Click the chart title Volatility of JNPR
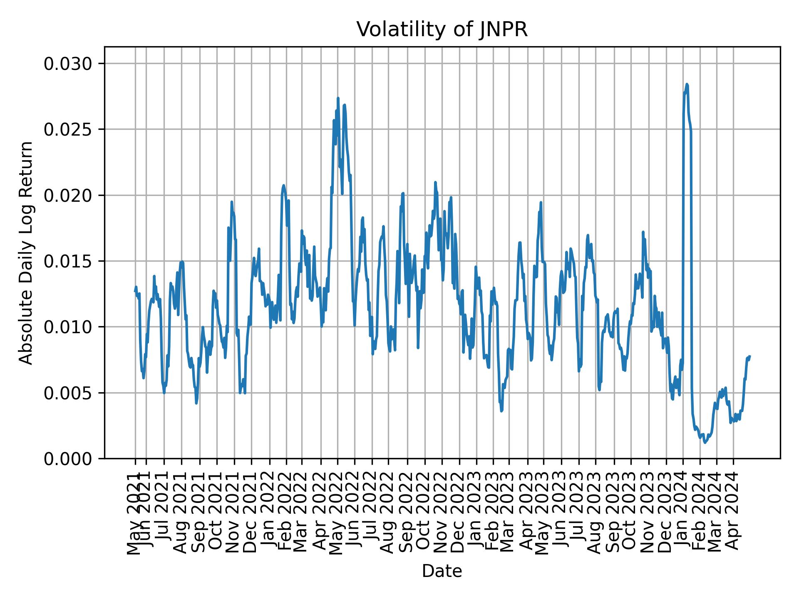pos(442,30)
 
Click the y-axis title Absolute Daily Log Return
pos(26,253)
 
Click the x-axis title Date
pos(442,572)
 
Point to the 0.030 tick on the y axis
pos(68,64)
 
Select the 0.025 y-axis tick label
pos(68,129)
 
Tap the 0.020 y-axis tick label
pos(68,195)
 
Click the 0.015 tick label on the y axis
pos(68,261)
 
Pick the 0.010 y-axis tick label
pos(68,327)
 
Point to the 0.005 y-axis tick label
pos(68,393)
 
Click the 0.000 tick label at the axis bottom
pos(68,458)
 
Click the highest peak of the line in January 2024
pos(687,84)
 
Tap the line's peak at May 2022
pos(338,98)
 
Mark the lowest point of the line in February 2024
pos(705,443)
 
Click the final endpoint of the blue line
pos(749,356)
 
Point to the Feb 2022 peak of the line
pos(283,186)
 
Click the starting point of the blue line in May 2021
pos(135,291)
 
